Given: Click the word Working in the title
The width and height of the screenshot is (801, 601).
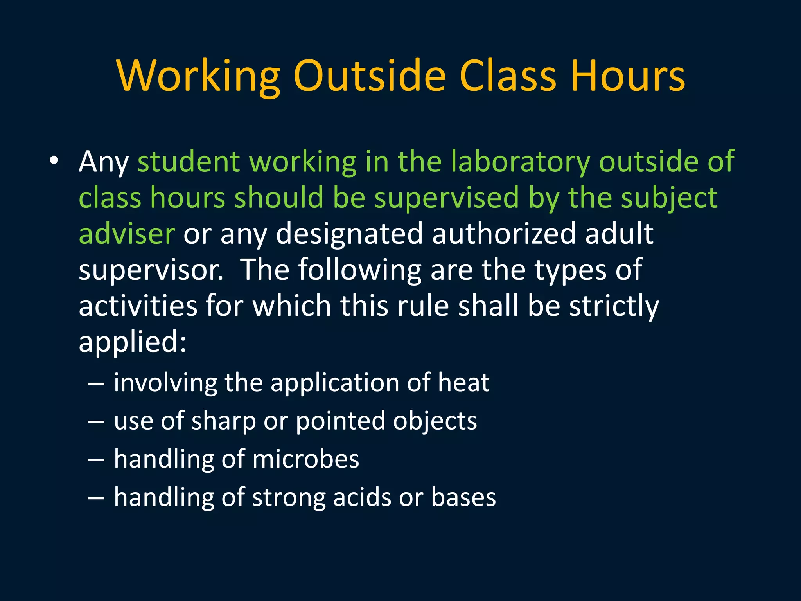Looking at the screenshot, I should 198,76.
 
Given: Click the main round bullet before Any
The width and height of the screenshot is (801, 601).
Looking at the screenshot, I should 54,161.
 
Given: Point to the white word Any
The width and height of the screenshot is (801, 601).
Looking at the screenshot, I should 103,162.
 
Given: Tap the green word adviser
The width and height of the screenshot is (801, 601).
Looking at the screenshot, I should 127,234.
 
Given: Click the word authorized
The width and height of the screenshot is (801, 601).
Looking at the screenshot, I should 504,234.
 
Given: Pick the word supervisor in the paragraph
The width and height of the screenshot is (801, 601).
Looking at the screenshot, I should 151,270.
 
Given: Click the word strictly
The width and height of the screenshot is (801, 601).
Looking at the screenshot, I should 614,306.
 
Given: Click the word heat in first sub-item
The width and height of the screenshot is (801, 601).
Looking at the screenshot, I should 463,382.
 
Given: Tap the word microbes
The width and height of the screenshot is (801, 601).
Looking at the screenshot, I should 305,459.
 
